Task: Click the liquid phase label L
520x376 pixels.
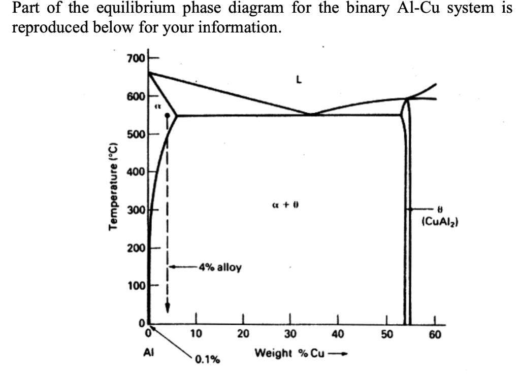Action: click(299, 79)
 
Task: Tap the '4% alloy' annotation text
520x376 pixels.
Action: click(220, 267)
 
